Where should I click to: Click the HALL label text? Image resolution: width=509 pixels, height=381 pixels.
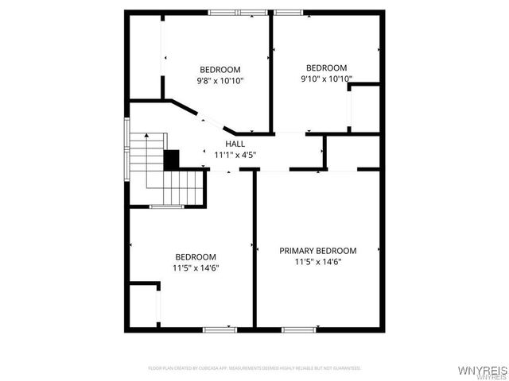tap(235, 144)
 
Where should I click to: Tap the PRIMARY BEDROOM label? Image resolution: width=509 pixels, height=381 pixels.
tap(318, 251)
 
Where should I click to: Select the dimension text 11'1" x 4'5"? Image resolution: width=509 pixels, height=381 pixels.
tap(235, 155)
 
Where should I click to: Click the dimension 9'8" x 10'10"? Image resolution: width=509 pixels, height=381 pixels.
tap(220, 81)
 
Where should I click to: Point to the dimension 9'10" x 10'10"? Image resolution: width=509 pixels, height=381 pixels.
tap(326, 79)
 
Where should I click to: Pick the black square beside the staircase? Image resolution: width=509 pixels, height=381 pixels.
tap(171, 159)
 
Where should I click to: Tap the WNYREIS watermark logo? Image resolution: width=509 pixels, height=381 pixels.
tap(480, 371)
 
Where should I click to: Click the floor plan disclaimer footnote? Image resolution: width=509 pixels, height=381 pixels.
tap(254, 368)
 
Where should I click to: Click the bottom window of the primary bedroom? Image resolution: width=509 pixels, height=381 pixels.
tap(299, 329)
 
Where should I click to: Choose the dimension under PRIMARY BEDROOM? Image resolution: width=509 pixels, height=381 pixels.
tap(318, 262)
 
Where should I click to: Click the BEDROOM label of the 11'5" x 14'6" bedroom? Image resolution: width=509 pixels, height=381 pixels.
tap(196, 256)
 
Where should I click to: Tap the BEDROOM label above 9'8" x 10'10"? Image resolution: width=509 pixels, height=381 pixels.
tap(220, 70)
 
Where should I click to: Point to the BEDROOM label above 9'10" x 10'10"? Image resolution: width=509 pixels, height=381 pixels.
tap(326, 67)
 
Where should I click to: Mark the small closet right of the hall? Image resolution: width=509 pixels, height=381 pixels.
tap(353, 152)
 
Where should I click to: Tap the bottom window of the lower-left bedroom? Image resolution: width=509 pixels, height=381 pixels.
tap(220, 329)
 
